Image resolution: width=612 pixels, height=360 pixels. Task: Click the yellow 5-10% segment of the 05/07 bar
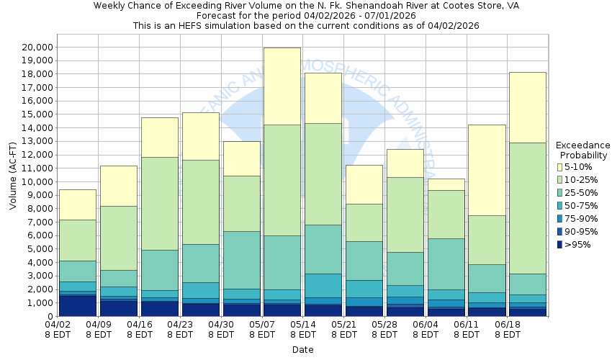[282, 86]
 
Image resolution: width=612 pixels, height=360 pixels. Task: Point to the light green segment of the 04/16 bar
[159, 204]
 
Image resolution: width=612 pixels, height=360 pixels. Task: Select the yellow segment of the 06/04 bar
[446, 184]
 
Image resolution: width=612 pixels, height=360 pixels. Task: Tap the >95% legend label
[578, 245]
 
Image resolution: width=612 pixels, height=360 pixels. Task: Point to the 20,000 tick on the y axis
[34, 47]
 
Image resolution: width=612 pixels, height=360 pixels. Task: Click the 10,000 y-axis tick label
[34, 181]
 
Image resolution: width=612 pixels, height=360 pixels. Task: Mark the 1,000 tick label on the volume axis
[37, 303]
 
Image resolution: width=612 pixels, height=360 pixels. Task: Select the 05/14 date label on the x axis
[303, 330]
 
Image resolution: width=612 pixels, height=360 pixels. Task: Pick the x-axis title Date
[302, 349]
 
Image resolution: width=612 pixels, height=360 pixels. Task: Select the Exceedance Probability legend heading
[582, 150]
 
